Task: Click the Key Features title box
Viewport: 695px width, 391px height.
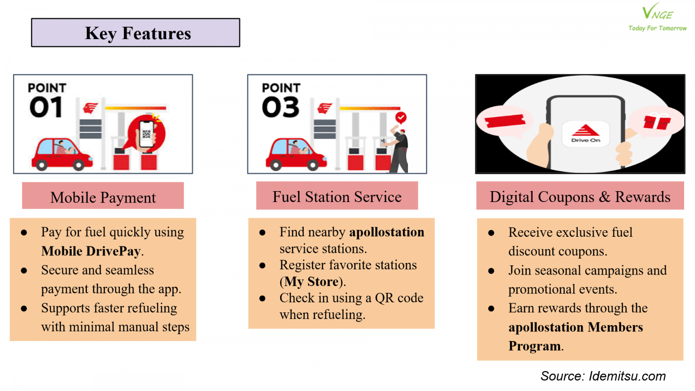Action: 136,33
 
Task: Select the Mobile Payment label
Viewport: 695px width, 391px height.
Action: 103,195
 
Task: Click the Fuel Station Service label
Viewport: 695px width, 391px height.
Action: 337,195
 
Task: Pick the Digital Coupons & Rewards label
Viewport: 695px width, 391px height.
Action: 580,195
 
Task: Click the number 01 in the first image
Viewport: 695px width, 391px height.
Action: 46,107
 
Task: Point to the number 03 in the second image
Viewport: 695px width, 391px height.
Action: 281,107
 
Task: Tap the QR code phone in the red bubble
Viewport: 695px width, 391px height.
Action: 146,134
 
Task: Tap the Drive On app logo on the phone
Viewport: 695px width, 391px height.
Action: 586,133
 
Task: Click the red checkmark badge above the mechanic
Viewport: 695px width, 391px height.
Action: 401,118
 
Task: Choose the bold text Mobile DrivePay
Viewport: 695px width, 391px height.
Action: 91,251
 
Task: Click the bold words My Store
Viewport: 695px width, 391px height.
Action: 311,282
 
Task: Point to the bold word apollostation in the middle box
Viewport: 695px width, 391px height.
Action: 387,232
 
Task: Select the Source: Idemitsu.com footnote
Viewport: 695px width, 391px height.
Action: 603,376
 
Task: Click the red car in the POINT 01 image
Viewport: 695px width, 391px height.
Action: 62,154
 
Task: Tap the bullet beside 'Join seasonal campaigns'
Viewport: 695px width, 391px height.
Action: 491,271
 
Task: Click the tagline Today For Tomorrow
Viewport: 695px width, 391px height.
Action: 657,28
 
